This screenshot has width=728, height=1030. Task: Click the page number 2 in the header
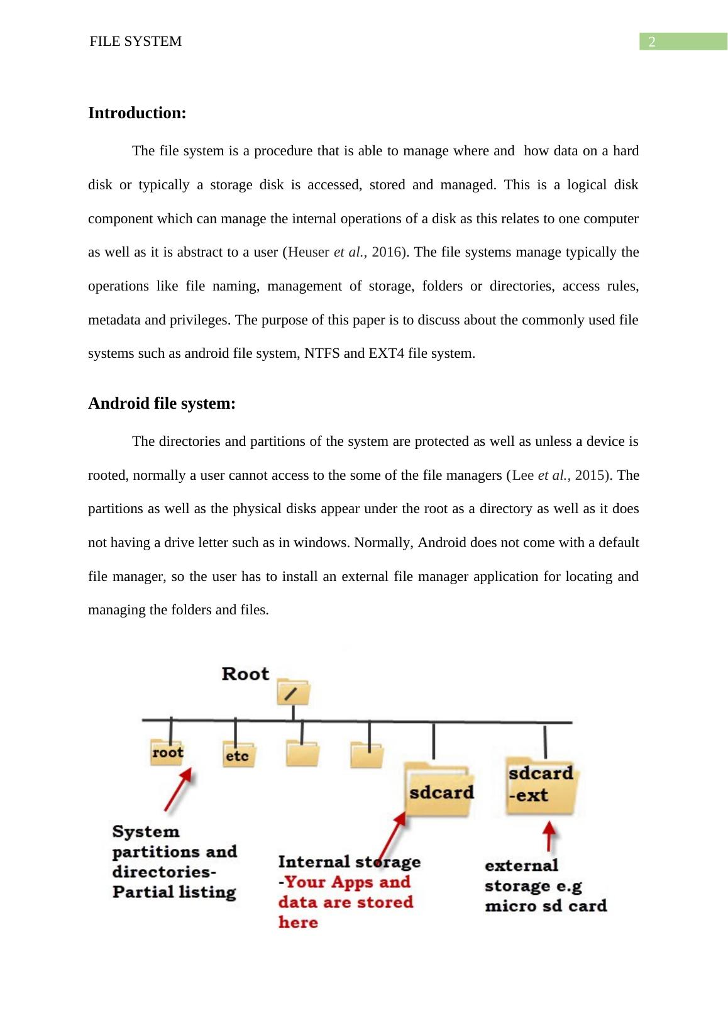[652, 42]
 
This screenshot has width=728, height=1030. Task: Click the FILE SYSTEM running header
[136, 42]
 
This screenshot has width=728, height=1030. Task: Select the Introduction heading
[137, 113]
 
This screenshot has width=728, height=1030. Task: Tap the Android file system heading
[162, 403]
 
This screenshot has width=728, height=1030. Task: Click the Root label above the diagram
[245, 674]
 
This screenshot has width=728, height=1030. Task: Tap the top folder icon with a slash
[293, 692]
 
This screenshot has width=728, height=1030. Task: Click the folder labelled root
[167, 753]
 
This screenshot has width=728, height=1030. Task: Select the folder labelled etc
[237, 755]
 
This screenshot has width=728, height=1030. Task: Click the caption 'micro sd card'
[546, 906]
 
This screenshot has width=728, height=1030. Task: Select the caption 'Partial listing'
[174, 892]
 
